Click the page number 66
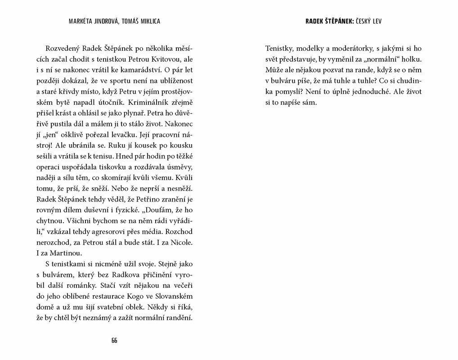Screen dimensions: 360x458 (114, 340)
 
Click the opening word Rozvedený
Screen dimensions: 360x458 (64, 49)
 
